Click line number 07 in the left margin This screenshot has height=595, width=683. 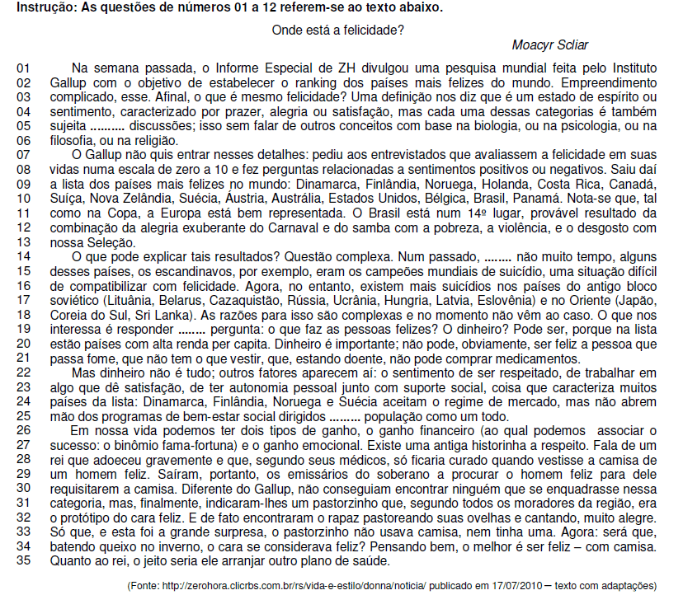[x=23, y=154]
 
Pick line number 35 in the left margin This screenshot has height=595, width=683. [x=23, y=562]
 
